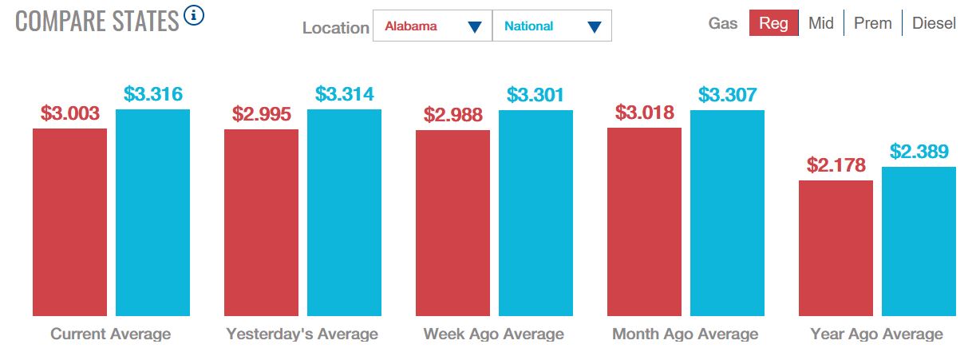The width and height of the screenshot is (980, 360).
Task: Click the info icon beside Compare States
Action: coord(194,15)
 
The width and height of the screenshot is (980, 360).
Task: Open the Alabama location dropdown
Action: coord(433,26)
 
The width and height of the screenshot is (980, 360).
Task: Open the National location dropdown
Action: coord(552,26)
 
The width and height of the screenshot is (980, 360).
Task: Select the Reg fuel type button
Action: coord(774,23)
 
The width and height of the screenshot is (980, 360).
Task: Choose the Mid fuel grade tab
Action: coord(820,23)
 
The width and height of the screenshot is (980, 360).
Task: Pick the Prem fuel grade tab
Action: coord(872,23)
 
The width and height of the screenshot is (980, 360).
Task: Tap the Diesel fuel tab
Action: coord(934,23)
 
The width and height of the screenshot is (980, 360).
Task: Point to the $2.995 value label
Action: coord(261,114)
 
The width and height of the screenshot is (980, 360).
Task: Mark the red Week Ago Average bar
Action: coord(452,223)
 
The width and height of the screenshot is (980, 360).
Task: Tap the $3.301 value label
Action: coord(535,95)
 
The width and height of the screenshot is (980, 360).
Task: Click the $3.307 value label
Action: coord(727,95)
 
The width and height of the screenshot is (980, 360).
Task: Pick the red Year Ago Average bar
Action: coord(836,248)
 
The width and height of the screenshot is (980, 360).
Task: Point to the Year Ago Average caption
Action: coord(876,334)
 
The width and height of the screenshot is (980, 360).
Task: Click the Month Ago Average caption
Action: coord(685,334)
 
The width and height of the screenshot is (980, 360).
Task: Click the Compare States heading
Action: coord(97,21)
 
